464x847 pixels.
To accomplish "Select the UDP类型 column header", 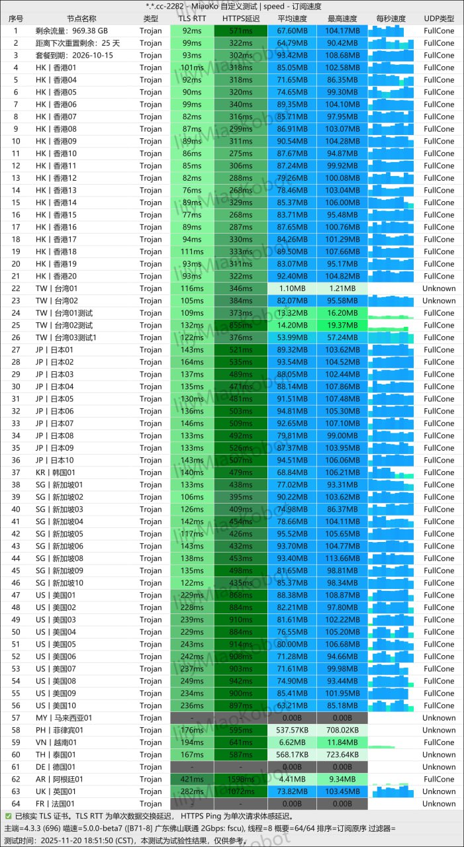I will coord(439,19).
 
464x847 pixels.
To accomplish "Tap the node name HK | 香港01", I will coord(56,67).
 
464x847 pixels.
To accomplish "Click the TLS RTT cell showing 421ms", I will coord(192,780).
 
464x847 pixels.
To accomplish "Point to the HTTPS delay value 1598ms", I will coord(241,780).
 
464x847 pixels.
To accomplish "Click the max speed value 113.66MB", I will coord(342,558).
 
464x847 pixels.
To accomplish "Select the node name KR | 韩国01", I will coord(56,472).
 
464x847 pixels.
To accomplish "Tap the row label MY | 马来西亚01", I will coord(64,718).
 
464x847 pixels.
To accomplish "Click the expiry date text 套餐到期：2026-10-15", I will coord(74,56).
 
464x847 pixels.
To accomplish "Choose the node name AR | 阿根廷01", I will coord(60,780).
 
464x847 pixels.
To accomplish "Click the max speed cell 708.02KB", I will coord(342,731).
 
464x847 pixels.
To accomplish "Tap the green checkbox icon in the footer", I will coord(8,817).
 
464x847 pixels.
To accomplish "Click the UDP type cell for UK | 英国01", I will coord(439,791).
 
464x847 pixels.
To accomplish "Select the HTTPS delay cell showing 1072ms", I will coord(241,791).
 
